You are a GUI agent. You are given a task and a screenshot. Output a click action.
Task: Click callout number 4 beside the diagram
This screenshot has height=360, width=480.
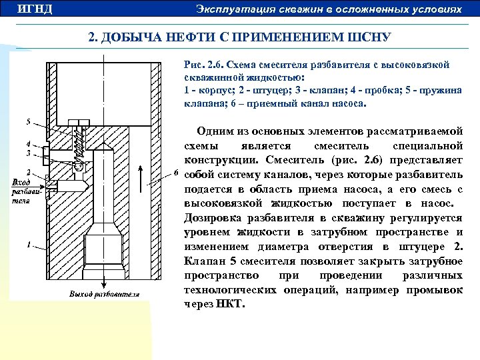click(28, 144)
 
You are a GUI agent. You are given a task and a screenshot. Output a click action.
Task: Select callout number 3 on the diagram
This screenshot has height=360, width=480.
click(28, 153)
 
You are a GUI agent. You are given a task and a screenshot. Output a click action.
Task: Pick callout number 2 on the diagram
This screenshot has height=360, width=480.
click(28, 173)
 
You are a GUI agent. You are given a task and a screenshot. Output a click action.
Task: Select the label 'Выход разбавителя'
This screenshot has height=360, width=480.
click(104, 294)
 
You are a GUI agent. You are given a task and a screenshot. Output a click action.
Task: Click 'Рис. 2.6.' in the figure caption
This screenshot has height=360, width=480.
click(203, 65)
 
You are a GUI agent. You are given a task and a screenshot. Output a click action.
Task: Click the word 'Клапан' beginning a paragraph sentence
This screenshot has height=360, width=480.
click(201, 261)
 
